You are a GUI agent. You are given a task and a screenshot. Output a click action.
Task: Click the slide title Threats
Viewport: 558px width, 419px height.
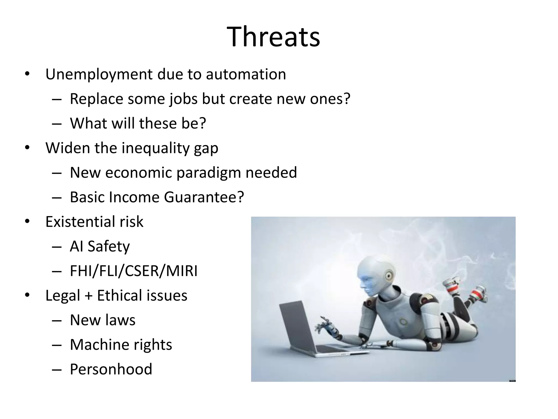273,37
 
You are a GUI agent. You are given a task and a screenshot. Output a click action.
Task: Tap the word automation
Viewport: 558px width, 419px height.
246,74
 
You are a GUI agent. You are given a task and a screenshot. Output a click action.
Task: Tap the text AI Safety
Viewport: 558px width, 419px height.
100,246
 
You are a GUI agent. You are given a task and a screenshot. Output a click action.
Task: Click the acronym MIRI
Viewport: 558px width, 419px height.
182,271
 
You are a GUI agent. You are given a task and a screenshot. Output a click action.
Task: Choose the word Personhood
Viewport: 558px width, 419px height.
111,369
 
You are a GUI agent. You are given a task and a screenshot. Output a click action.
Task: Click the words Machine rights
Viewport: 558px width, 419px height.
121,345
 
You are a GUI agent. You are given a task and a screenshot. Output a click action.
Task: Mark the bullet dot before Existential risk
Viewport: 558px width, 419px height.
27,221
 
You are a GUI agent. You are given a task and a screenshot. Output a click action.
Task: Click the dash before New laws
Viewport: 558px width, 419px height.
56,320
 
